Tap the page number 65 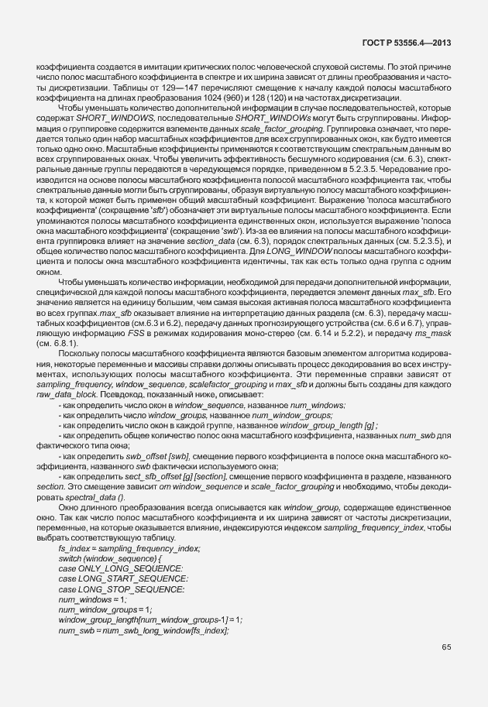point(446,647)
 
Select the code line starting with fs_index point(129,548)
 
